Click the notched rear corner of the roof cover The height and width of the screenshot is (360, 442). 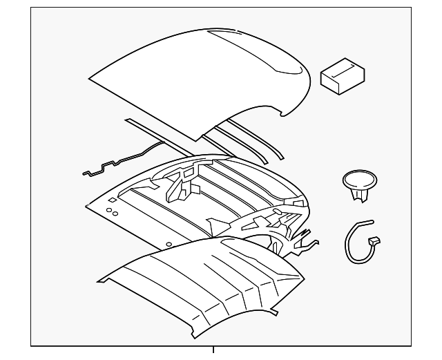click(x=283, y=111)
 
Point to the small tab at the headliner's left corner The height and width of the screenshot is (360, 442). click(x=101, y=280)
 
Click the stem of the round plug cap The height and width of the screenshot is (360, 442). click(x=358, y=195)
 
